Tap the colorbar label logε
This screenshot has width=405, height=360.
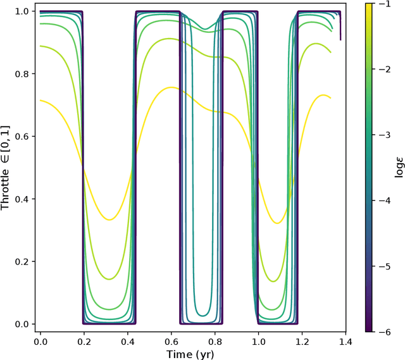(x=394, y=167)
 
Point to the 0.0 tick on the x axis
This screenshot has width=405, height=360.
(x=41, y=342)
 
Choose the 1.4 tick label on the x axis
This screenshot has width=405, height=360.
(x=344, y=342)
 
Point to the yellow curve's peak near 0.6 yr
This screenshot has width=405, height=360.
(x=171, y=87)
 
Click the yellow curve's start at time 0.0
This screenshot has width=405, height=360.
(x=41, y=100)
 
